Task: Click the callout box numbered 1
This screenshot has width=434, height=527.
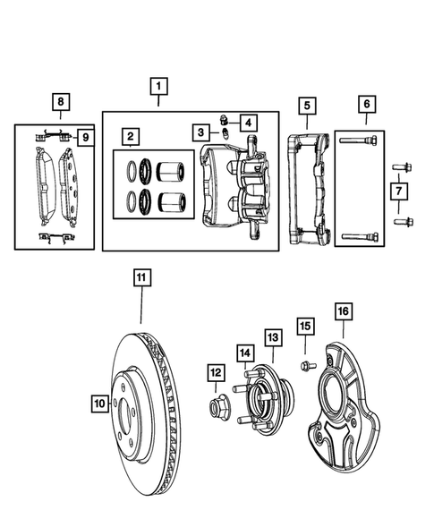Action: [x=157, y=87]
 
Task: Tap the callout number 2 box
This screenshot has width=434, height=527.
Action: [x=131, y=137]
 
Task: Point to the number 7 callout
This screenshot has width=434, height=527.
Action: [x=399, y=191]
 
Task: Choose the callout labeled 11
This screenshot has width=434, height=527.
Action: [x=141, y=278]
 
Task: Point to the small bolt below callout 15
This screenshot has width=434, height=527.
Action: [x=303, y=366]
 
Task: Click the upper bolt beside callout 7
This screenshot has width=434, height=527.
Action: [x=399, y=166]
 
